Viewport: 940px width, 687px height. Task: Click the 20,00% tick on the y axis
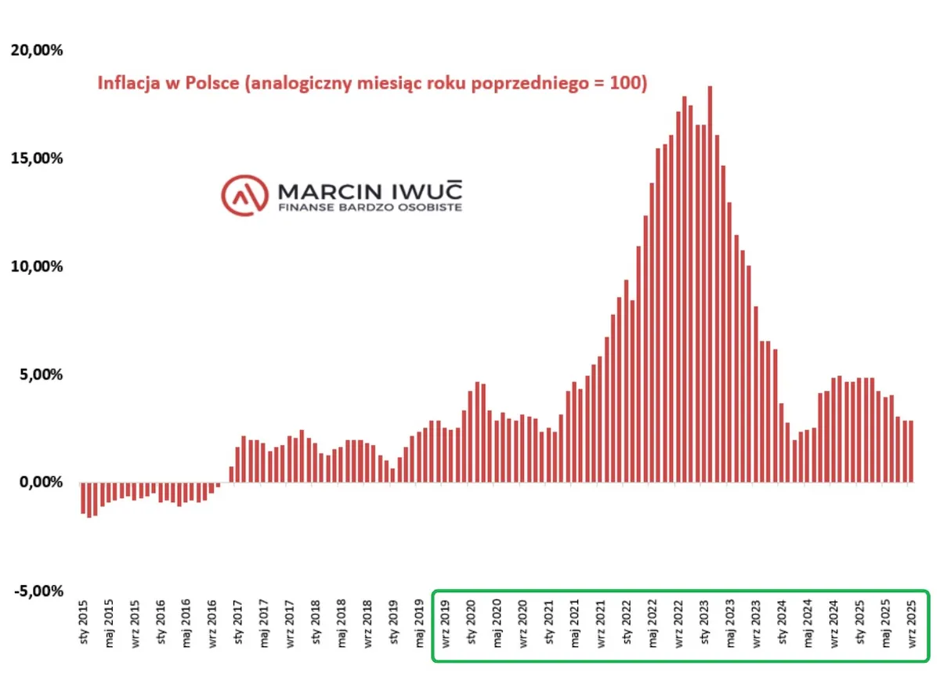[x=36, y=51]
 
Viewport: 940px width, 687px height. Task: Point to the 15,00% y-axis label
[x=36, y=158]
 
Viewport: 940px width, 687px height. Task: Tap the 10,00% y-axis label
[x=36, y=266]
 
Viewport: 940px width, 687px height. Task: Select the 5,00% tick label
[x=39, y=374]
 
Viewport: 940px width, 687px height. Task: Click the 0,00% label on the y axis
[x=39, y=482]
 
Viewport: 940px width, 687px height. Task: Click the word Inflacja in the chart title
[x=128, y=84]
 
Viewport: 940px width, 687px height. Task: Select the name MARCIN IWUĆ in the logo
[x=370, y=191]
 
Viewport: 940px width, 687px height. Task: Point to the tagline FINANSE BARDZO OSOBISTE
[x=370, y=208]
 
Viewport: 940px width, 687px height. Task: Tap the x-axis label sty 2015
[x=84, y=624]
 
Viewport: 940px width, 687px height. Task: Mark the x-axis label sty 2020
[x=472, y=624]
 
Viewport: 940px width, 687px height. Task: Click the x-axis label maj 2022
[x=653, y=624]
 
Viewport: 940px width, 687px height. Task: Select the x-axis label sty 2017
[x=238, y=624]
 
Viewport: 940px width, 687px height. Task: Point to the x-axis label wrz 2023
[x=756, y=624]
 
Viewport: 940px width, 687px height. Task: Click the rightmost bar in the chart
[x=911, y=451]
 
